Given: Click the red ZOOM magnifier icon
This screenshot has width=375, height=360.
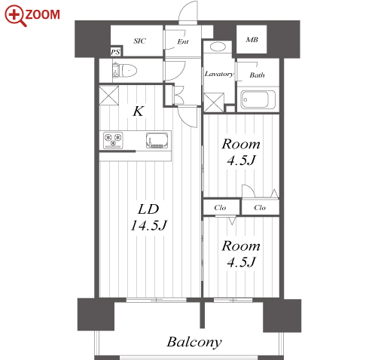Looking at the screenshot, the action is coord(15,16).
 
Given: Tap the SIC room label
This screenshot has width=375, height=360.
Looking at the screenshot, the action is coord(139,41).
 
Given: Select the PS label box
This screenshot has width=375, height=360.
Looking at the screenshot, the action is coord(116,52).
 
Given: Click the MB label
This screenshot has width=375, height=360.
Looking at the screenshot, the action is coord(252,40).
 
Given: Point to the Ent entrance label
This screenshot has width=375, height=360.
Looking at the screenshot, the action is coord(183,41).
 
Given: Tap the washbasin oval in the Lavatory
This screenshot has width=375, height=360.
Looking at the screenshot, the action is coord(218,47).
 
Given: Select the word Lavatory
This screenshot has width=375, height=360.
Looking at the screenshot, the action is coord(219,74).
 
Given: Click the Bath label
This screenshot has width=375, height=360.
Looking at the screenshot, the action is coord(257,75).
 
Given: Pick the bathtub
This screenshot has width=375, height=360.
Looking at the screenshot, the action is coord(258,99).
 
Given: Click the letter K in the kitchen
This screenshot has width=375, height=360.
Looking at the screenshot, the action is coord(139,111).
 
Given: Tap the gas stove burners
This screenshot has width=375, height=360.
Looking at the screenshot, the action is coord(113,140).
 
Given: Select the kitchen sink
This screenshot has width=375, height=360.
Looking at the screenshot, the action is coord(157,141).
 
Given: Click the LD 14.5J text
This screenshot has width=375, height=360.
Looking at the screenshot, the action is coord(148,217).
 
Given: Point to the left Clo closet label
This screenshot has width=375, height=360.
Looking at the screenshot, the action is coord(220,208).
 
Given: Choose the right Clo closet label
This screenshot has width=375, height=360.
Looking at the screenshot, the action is coord(260,208).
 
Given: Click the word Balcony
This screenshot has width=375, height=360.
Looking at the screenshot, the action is coord(194,343).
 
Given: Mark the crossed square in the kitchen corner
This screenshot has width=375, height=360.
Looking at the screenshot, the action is coord(109,96).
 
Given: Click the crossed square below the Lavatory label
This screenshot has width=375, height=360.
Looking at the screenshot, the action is coord(214,102).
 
